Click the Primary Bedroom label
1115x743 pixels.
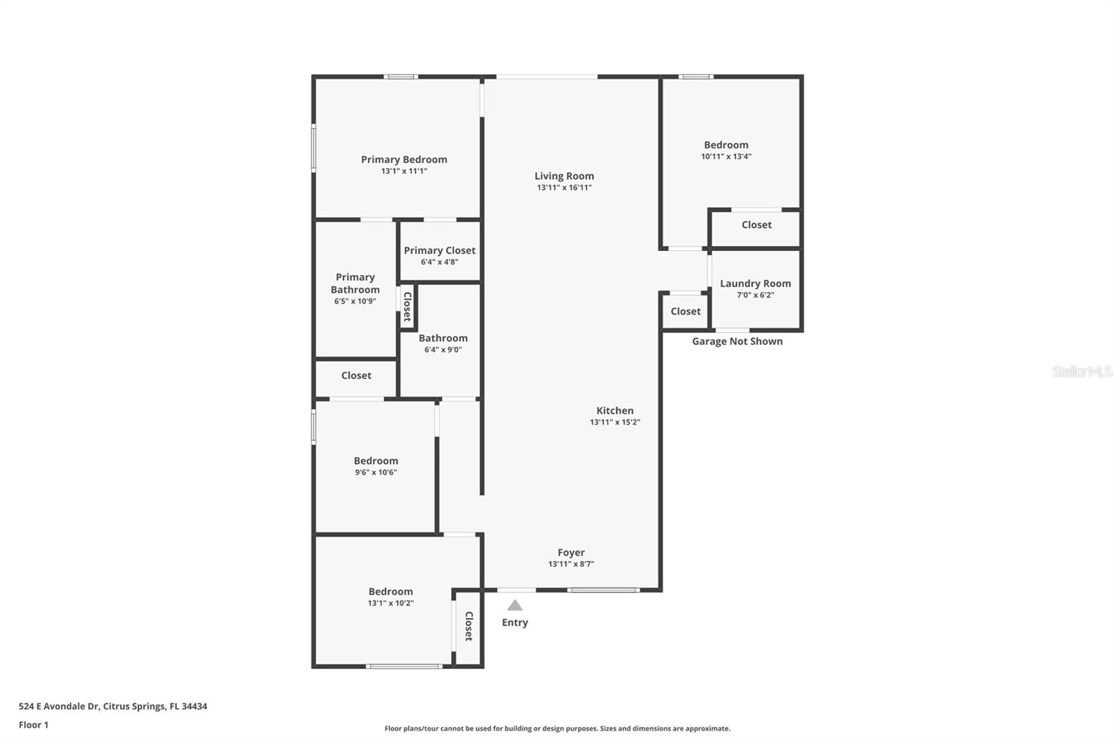[x=403, y=160]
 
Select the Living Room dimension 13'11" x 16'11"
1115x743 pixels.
[x=564, y=187]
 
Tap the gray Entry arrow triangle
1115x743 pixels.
[x=515, y=605]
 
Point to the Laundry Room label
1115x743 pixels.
[x=755, y=283]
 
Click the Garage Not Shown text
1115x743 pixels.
[x=737, y=341]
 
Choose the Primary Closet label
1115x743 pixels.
[x=440, y=250]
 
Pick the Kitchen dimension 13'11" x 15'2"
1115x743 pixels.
[x=615, y=422]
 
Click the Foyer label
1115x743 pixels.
[x=571, y=552]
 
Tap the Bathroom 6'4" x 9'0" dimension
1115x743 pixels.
[x=443, y=350]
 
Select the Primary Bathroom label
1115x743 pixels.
[x=355, y=283]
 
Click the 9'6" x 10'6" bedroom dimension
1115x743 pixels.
[x=376, y=473]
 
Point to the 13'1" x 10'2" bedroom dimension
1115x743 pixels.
[x=391, y=604]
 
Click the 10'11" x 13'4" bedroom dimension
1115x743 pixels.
[x=726, y=157]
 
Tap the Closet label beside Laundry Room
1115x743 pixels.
[x=686, y=312]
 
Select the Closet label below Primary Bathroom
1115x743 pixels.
[x=356, y=376]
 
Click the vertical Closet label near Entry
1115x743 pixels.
[x=469, y=626]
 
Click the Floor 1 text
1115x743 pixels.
[x=33, y=725]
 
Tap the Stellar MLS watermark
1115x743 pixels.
[x=1082, y=371]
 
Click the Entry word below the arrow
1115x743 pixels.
[x=515, y=622]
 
